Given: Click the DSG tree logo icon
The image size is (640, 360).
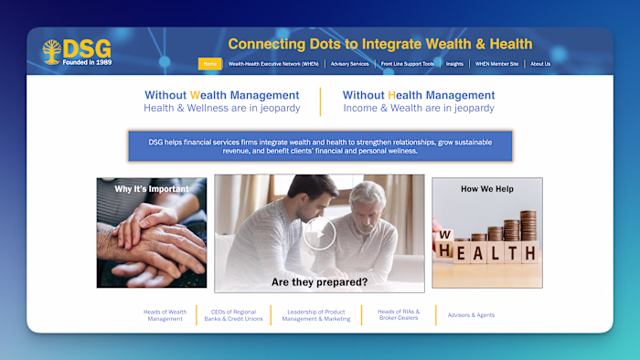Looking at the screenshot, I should tap(51, 51).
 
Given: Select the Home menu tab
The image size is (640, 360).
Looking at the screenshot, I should tap(209, 64).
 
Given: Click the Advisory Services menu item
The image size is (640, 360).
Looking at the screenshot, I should tap(350, 64).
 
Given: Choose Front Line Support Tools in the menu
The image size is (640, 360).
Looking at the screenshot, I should tap(407, 64).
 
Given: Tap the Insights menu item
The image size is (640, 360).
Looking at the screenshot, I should tap(454, 64).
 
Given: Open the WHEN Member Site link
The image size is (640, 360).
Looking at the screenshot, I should tap(496, 64).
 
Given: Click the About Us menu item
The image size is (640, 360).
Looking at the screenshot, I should tap(540, 64).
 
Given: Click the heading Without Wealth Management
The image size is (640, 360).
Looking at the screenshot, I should tap(221, 95).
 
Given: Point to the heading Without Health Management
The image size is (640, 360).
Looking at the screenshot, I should tap(419, 95).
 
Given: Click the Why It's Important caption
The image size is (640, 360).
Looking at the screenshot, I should tap(152, 189).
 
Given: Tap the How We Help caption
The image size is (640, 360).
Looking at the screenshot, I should tap(487, 189).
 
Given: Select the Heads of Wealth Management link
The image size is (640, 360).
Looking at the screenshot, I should tap(165, 315).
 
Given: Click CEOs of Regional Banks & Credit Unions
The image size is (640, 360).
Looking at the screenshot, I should tap(233, 315).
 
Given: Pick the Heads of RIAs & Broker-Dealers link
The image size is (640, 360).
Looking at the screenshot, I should tap(399, 315).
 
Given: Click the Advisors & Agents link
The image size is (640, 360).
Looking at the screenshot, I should tap(471, 315).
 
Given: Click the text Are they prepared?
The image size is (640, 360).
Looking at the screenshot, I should tap(319, 282).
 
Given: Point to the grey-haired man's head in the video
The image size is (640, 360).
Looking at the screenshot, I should tap(368, 197).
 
